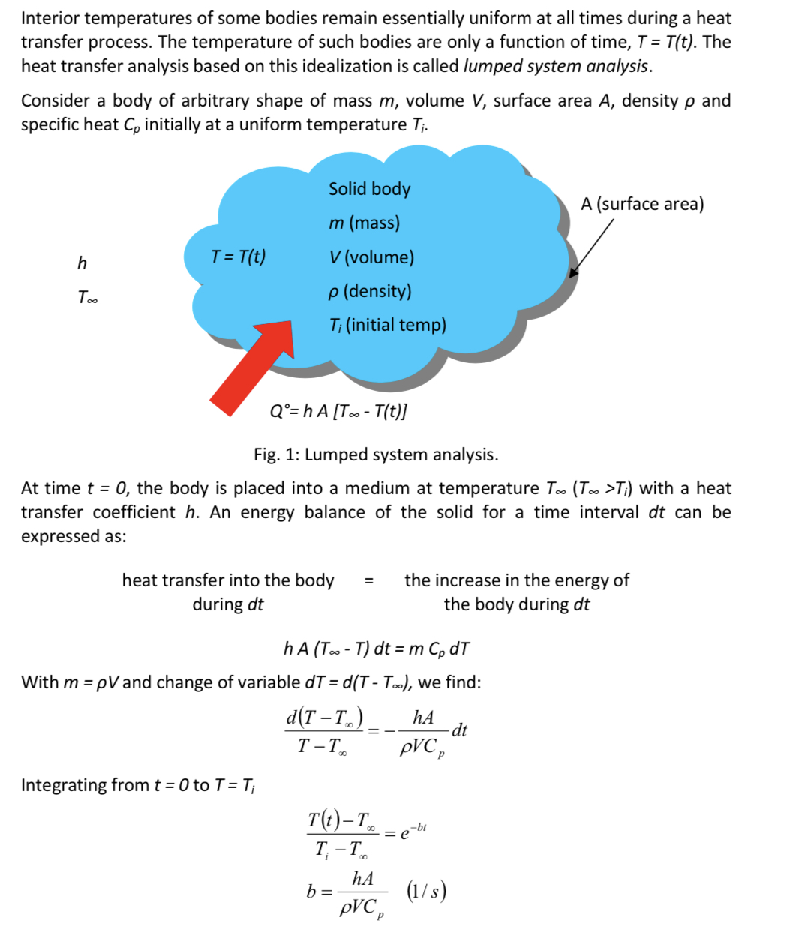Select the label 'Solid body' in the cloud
coord(369,189)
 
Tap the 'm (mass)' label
coord(364,223)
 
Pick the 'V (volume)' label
coord(371,257)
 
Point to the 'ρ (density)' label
coord(370,291)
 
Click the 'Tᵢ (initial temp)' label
coord(387,325)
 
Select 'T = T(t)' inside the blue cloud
coord(238,256)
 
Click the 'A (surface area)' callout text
coord(642,204)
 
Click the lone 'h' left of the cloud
coord(82,262)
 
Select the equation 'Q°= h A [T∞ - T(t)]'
coord(338,410)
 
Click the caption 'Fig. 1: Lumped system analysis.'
coord(376,454)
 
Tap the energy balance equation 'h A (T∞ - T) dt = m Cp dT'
coord(377,649)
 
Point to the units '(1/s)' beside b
coord(426,891)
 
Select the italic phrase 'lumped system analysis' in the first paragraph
coord(557,66)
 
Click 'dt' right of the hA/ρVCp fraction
coord(460,730)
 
